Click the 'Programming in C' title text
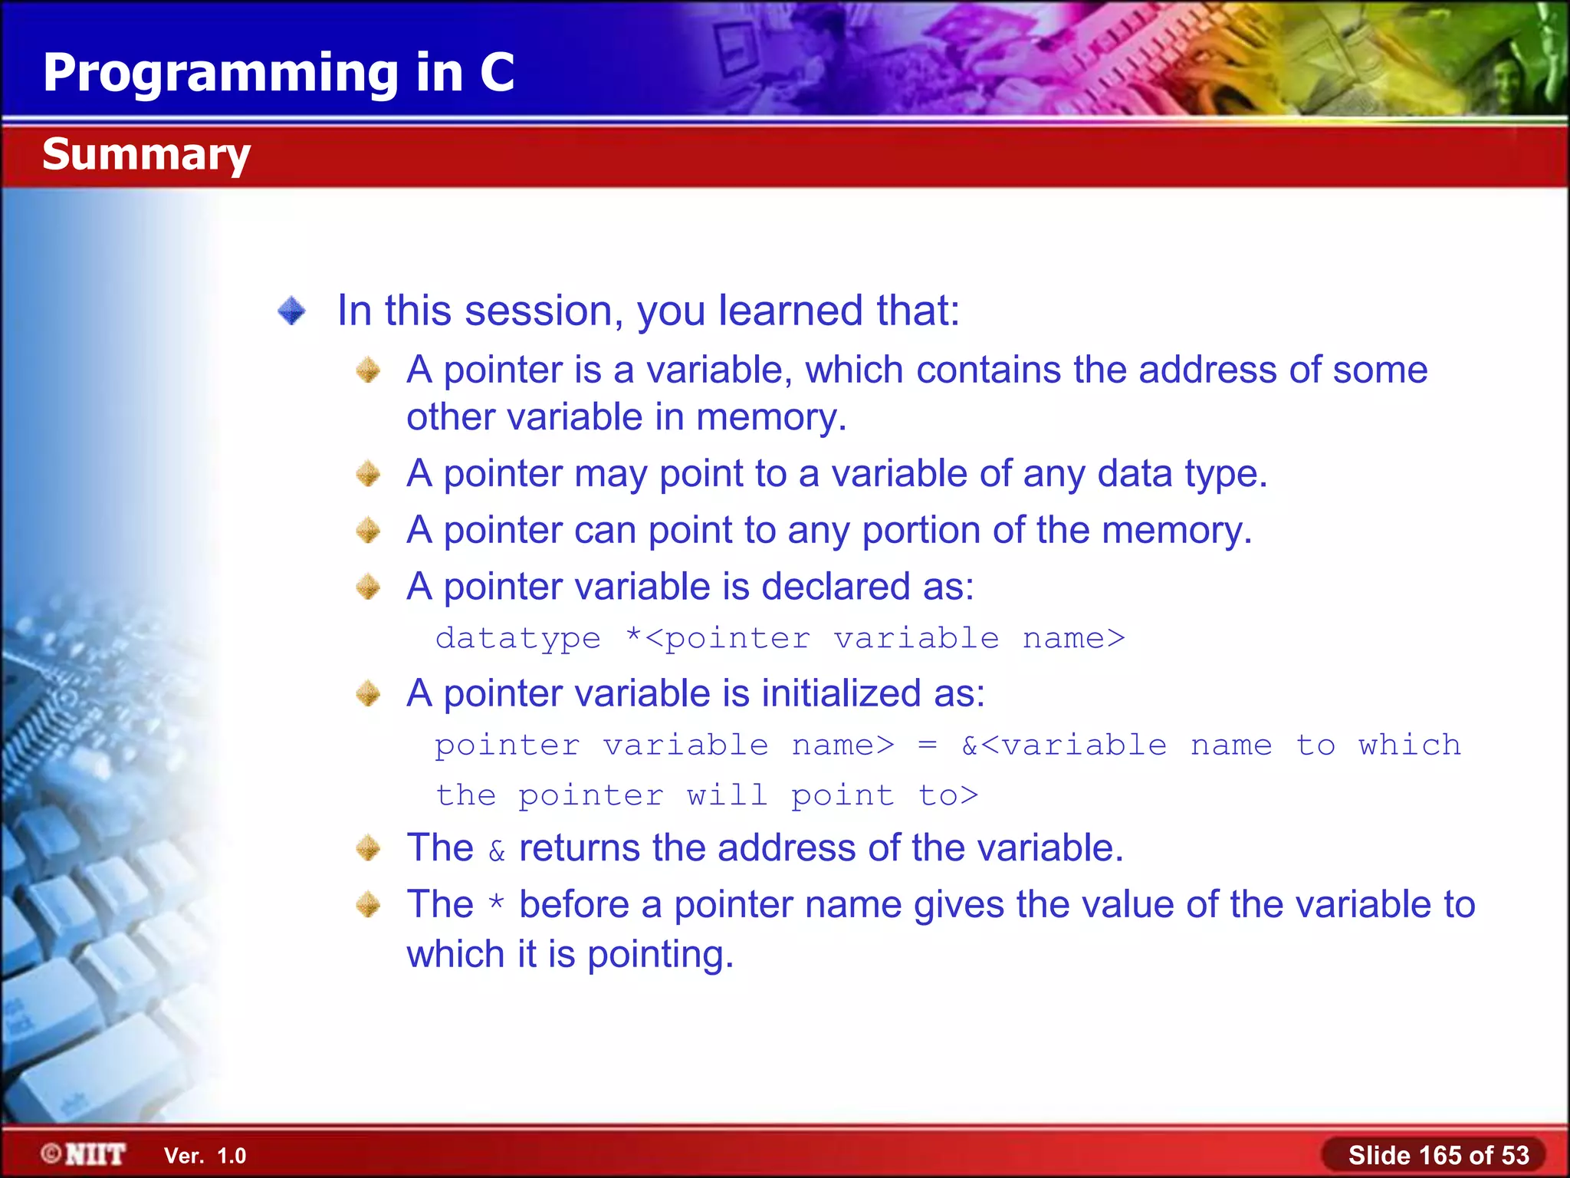[278, 73]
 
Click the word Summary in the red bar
[146, 155]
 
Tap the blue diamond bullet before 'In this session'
[291, 311]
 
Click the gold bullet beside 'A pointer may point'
[368, 474]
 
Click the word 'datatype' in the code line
[518, 638]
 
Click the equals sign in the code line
[927, 745]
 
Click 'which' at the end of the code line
[1409, 745]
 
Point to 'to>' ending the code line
[948, 795]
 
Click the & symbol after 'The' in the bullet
[497, 851]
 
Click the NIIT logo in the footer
[84, 1154]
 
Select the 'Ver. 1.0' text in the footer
[205, 1156]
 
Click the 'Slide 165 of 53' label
[1438, 1155]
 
